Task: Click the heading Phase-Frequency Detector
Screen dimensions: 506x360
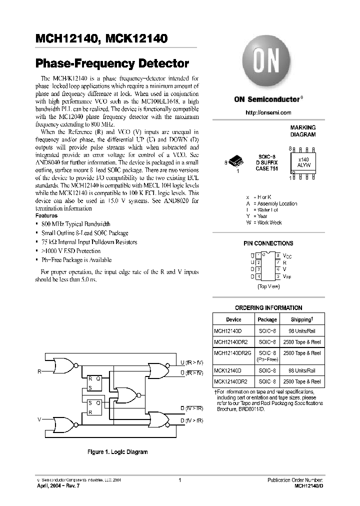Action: coord(112,63)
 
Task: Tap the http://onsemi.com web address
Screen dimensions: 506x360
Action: coord(268,112)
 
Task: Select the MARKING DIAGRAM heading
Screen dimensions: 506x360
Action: coord(303,131)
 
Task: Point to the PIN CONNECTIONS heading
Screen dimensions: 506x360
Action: coord(268,243)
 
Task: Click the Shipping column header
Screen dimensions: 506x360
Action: coord(302,319)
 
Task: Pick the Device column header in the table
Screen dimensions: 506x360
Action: coord(233,319)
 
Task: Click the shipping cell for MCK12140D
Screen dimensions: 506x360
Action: coord(302,371)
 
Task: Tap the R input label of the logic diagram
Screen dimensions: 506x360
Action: coord(39,372)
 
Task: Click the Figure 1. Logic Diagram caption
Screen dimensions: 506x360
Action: coord(117,452)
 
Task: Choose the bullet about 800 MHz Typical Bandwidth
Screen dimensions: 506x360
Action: coord(76,224)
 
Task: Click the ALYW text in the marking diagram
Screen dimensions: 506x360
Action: coord(303,164)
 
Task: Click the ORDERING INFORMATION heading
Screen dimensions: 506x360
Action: coord(268,308)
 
